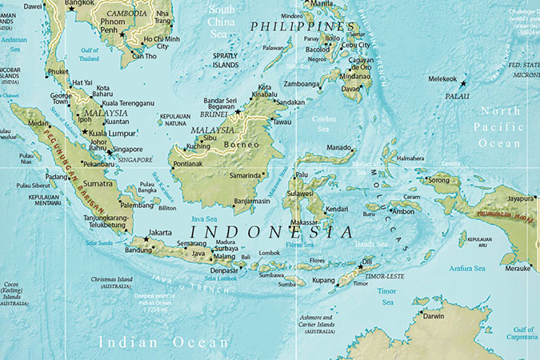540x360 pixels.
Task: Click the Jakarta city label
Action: coord(161,234)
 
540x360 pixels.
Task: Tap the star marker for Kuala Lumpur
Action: coord(84,132)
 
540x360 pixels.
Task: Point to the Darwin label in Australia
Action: coord(434,316)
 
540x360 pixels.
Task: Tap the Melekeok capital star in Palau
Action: coord(462,83)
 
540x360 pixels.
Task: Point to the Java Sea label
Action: coord(203,218)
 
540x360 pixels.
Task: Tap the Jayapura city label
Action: coord(519,198)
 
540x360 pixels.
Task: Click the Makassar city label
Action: coord(304,222)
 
